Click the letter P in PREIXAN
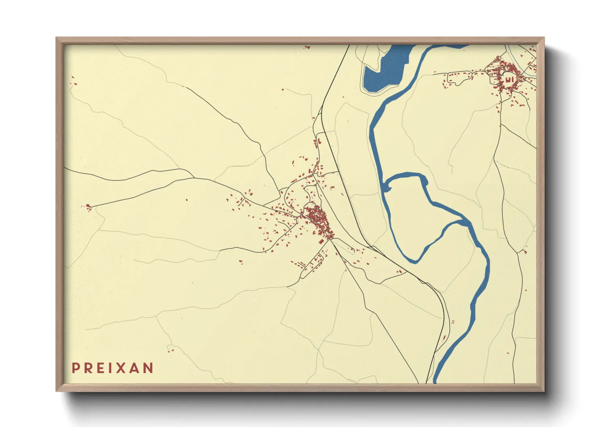pyautogui.click(x=75, y=368)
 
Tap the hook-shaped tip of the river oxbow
pyautogui.click(x=385, y=187)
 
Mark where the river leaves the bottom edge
pyautogui.click(x=436, y=381)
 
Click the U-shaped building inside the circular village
pyautogui.click(x=509, y=80)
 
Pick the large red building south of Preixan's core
pyautogui.click(x=321, y=242)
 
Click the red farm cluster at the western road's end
pyautogui.click(x=88, y=207)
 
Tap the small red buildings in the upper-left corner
pyautogui.click(x=73, y=81)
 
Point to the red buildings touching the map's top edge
pyautogui.click(x=307, y=47)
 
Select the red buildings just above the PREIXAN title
pyautogui.click(x=170, y=350)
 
